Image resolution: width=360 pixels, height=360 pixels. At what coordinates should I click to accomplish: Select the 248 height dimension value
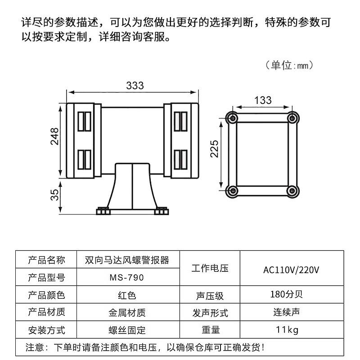tap(54, 137)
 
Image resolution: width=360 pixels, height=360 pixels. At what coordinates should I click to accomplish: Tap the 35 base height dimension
tap(54, 194)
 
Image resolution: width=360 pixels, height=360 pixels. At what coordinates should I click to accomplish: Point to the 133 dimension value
tap(263, 100)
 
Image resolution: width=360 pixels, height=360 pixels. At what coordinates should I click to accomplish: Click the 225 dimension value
tap(214, 148)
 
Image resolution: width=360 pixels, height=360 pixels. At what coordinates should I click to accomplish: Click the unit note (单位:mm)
tap(289, 65)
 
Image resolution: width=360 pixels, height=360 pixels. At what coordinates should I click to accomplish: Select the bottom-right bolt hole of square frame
tap(292, 191)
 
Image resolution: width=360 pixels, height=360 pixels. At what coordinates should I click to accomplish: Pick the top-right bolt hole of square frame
tap(292, 117)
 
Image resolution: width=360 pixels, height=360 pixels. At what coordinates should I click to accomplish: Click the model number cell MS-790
tap(127, 277)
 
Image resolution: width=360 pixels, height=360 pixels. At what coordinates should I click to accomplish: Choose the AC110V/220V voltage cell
tap(291, 270)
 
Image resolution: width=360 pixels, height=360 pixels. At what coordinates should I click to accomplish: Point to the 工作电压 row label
tap(210, 269)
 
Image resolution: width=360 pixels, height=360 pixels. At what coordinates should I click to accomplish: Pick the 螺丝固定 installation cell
tap(127, 330)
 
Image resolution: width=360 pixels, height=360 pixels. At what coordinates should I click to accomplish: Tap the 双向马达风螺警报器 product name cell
tap(127, 260)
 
